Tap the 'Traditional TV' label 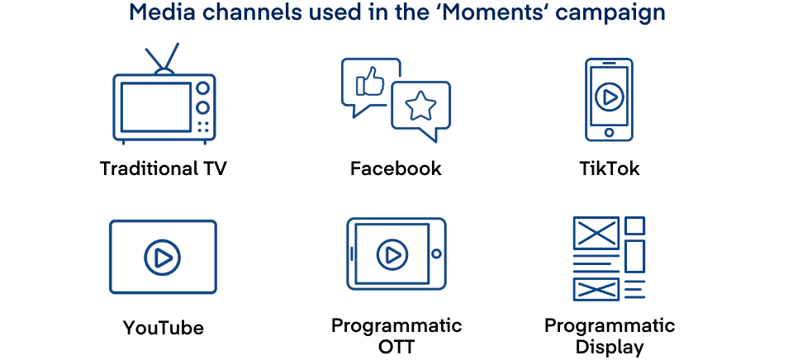(x=164, y=169)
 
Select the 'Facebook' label (x=396, y=169)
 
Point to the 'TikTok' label (x=609, y=169)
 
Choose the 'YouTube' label (x=164, y=328)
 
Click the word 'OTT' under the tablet (x=396, y=347)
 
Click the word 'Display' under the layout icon (x=610, y=347)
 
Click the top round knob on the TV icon (x=202, y=88)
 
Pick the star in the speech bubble (x=421, y=105)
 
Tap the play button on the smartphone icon (x=609, y=97)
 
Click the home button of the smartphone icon (x=609, y=132)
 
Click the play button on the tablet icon (x=392, y=253)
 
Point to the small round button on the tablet (x=436, y=253)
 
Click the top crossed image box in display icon (x=596, y=233)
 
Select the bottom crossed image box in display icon (x=596, y=289)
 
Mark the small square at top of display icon (x=634, y=225)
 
